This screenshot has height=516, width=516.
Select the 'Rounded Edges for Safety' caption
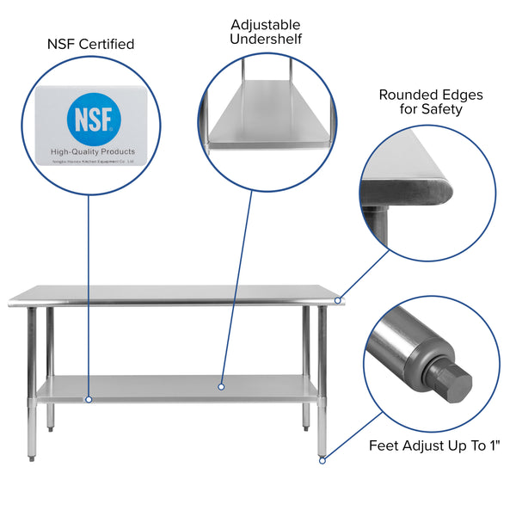(431, 101)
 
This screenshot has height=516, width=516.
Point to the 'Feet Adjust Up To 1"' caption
(434, 445)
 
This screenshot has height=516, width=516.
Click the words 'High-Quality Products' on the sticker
(92, 151)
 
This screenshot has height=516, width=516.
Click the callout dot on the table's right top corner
(339, 300)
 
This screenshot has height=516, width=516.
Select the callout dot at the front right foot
(322, 460)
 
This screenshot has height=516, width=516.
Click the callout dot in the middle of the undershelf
(221, 387)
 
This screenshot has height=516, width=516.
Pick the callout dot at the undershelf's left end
(88, 399)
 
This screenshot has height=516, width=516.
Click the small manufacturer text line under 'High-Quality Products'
(92, 161)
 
